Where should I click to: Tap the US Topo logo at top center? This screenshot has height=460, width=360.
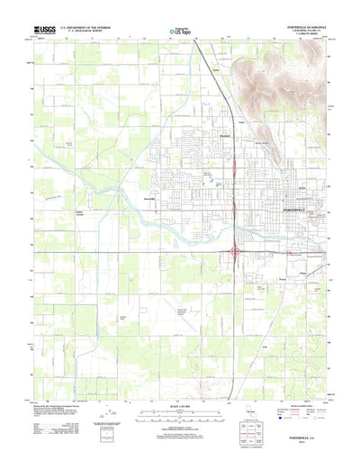[x=180, y=31]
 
